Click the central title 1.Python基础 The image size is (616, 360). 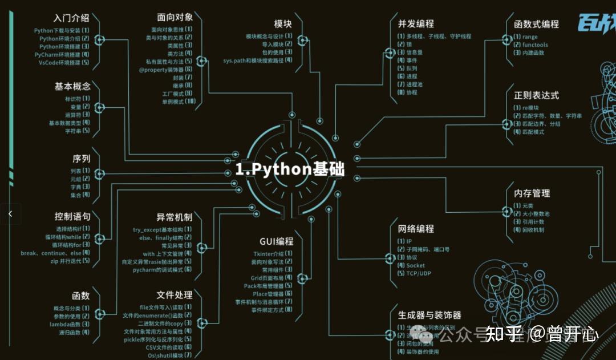click(x=290, y=169)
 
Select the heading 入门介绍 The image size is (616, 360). click(x=71, y=18)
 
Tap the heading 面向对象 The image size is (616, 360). click(x=175, y=17)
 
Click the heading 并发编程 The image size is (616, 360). click(x=416, y=23)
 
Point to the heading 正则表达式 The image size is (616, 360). click(x=536, y=95)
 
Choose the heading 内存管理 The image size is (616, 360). click(x=532, y=193)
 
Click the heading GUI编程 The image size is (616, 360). click(x=276, y=241)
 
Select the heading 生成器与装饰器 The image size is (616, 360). click(x=429, y=315)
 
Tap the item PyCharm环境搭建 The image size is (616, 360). click(x=57, y=55)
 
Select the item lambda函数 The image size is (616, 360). click(x=65, y=324)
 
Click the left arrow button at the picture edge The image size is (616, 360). click(x=10, y=213)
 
